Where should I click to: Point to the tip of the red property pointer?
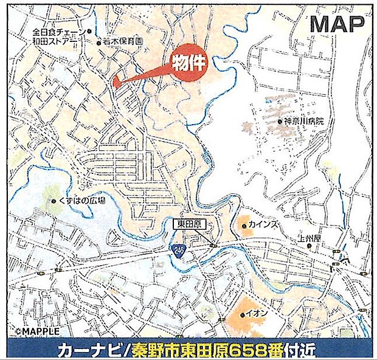click(x=114, y=81)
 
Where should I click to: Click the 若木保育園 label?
click(x=122, y=42)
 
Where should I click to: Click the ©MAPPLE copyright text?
click(x=38, y=332)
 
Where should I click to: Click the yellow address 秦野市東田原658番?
click(x=206, y=350)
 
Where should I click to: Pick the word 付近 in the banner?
click(x=302, y=350)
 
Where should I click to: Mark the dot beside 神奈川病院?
click(x=280, y=122)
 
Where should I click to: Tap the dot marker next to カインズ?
click(x=244, y=226)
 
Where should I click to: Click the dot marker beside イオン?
click(x=241, y=314)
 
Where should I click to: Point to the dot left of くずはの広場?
click(x=54, y=200)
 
